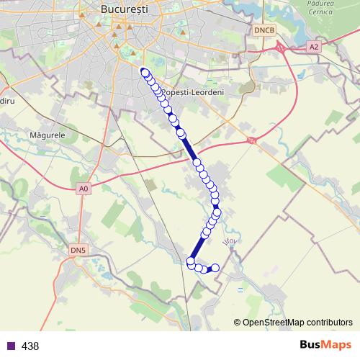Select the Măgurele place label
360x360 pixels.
click(x=48, y=135)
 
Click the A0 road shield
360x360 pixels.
click(x=84, y=189)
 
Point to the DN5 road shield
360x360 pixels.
click(x=78, y=250)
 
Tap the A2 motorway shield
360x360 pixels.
click(x=312, y=46)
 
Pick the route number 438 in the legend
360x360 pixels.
click(x=30, y=346)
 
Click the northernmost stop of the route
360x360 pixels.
click(x=145, y=71)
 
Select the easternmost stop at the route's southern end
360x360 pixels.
click(x=215, y=268)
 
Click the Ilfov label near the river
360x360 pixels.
click(x=230, y=243)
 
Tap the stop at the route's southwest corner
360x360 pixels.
click(x=191, y=261)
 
